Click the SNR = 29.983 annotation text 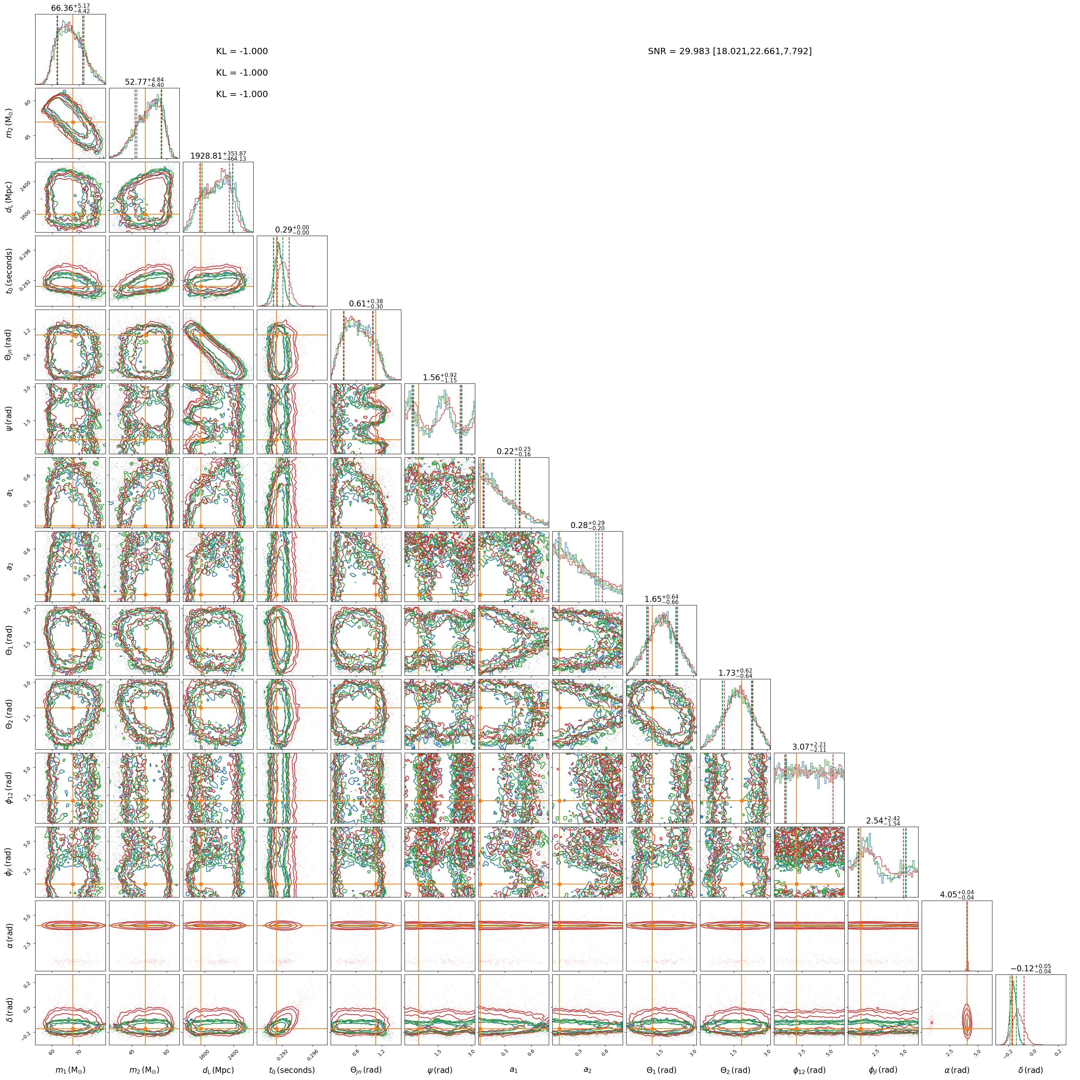(730, 51)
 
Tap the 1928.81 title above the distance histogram (218, 156)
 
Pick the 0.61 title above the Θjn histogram (366, 304)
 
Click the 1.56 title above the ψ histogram (440, 377)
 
